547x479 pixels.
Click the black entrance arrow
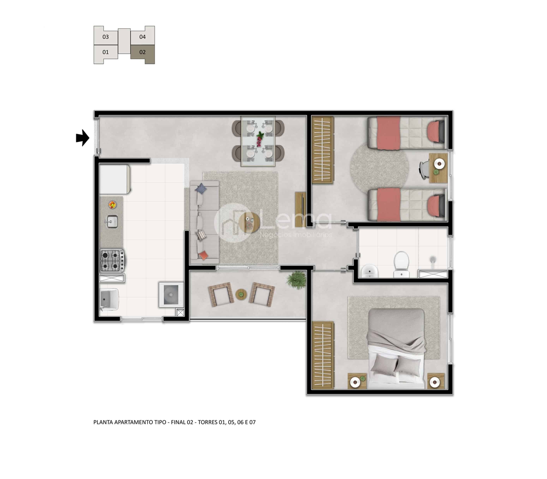[83, 138]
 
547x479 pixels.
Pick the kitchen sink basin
[112, 222]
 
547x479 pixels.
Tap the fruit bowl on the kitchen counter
[112, 205]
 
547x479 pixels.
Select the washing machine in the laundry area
[171, 295]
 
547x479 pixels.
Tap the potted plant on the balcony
[296, 280]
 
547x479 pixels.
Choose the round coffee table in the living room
[249, 223]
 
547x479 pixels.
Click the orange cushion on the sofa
[203, 255]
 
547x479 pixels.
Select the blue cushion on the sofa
[201, 189]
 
